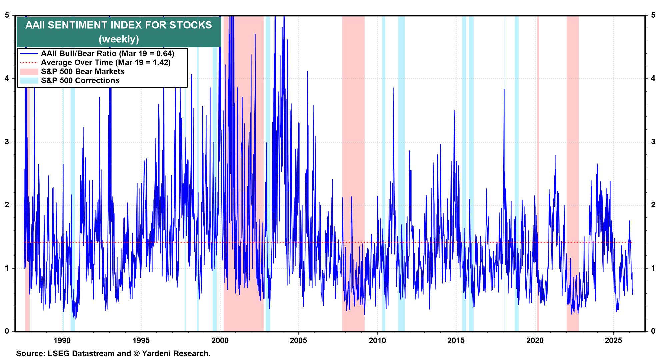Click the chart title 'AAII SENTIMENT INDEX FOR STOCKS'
[x=119, y=25]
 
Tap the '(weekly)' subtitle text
[x=119, y=39]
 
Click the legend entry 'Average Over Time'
[x=105, y=62]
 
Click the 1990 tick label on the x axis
[x=62, y=340]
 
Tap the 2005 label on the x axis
[x=299, y=340]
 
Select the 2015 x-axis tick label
[x=456, y=340]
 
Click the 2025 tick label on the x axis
[x=614, y=340]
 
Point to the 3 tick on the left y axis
[x=7, y=142]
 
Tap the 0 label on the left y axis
[x=7, y=331]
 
